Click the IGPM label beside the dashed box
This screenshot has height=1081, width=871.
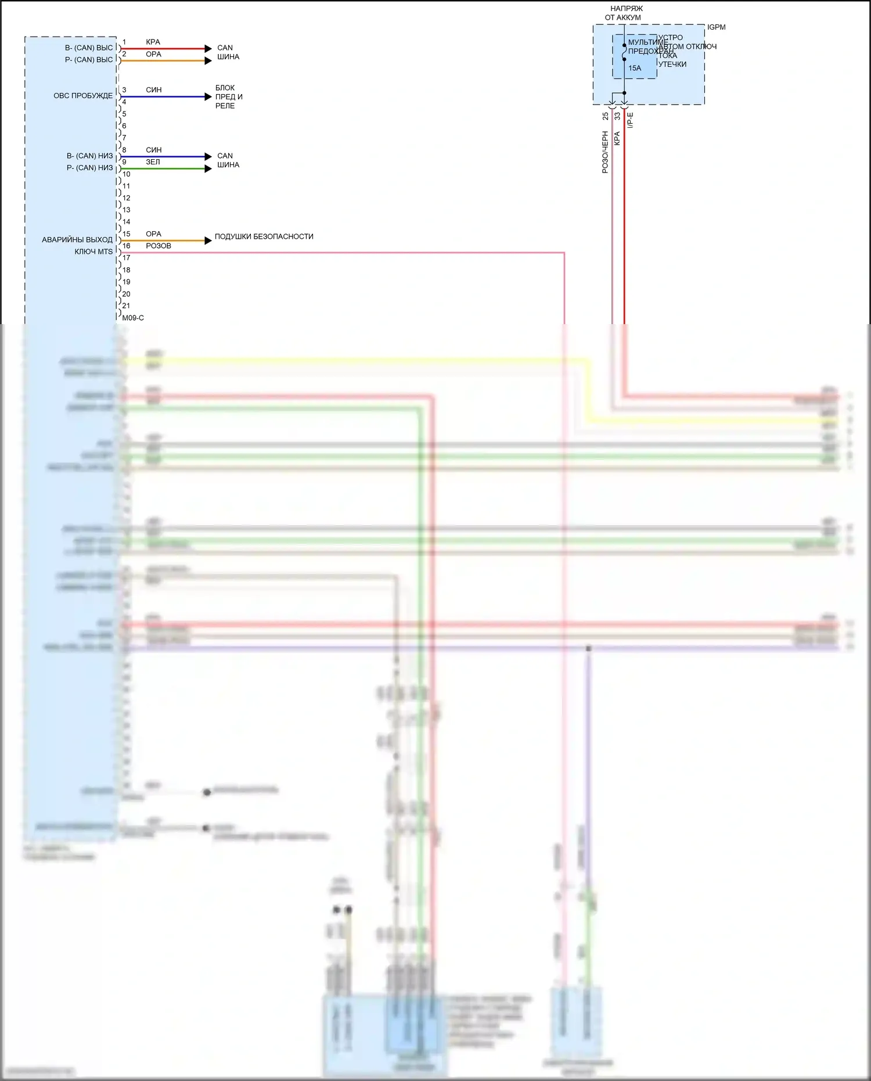pos(716,27)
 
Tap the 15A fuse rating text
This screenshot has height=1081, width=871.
pos(635,69)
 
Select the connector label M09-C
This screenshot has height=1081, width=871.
pos(133,318)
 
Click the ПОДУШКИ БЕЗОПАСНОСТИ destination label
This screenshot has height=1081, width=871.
pos(264,236)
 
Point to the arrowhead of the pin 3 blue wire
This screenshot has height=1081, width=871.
pos(208,97)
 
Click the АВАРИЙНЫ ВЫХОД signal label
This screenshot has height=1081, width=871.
pos(77,239)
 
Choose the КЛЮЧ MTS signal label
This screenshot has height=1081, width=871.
pos(93,252)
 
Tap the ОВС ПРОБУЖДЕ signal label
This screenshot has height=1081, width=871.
pos(83,96)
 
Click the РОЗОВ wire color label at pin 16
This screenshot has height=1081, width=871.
pos(159,246)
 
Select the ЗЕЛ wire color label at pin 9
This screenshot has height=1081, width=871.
pos(153,162)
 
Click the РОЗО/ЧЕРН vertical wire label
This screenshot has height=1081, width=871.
pos(605,152)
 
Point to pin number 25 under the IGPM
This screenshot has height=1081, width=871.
pos(606,116)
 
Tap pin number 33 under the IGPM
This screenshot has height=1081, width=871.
pos(617,116)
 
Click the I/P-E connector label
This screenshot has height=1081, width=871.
pos(631,120)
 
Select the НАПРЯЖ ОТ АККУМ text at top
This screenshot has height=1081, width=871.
pos(625,13)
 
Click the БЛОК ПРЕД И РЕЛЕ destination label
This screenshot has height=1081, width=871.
pos(228,97)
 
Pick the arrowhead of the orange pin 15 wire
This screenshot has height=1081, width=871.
pos(208,240)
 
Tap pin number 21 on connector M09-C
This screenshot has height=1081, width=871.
pos(126,306)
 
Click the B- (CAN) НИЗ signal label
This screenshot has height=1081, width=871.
pos(89,156)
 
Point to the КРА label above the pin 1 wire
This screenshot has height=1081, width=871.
pos(153,42)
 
